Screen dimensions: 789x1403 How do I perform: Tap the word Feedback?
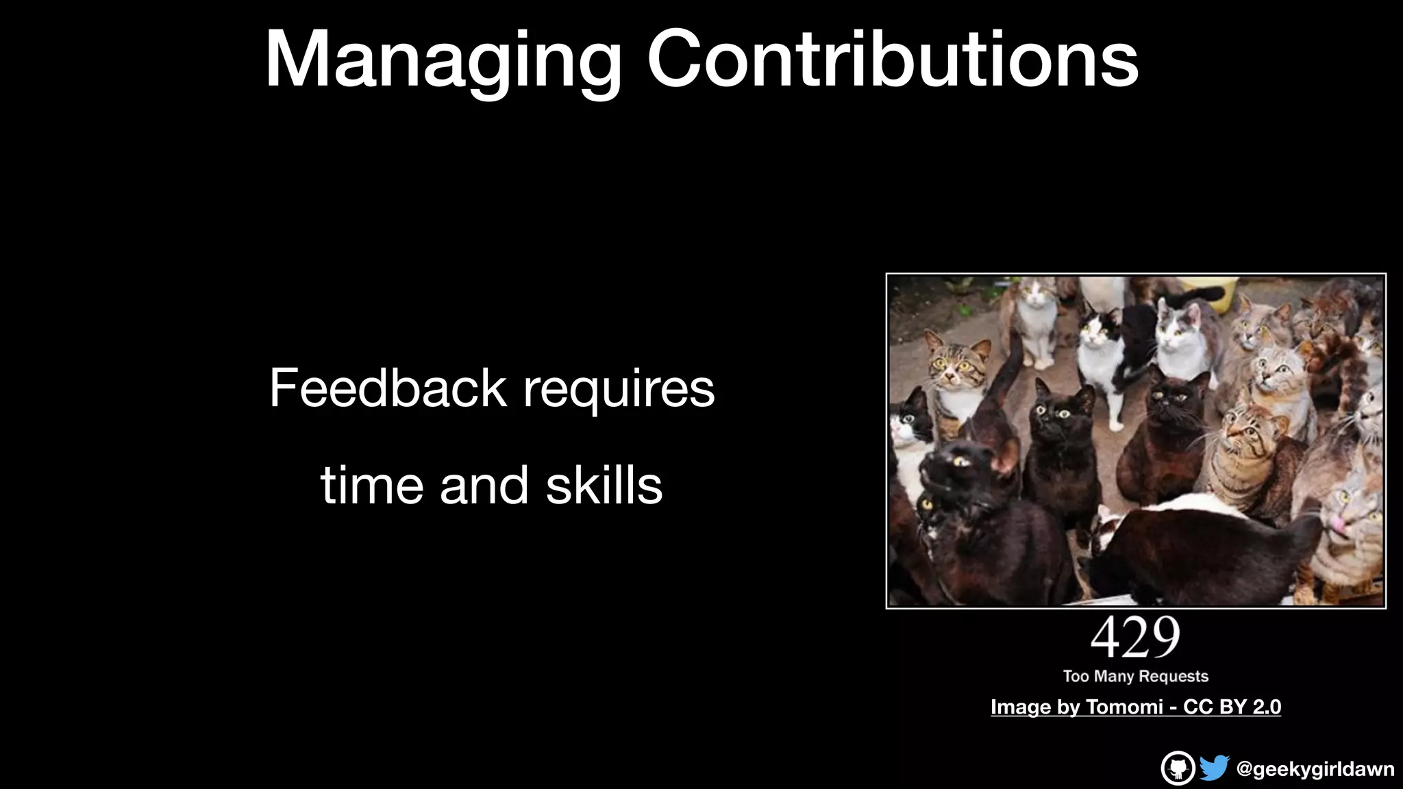[x=387, y=388]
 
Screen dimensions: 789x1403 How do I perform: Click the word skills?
[x=604, y=485]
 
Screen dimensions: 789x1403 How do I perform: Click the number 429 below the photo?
[x=1135, y=638]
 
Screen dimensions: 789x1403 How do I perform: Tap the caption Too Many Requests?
[x=1135, y=676]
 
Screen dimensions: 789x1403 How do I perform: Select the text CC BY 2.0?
[x=1232, y=707]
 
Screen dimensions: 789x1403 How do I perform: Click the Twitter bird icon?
[x=1213, y=768]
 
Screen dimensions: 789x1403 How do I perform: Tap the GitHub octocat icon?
[x=1178, y=768]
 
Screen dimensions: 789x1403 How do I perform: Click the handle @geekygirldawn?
[x=1315, y=769]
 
